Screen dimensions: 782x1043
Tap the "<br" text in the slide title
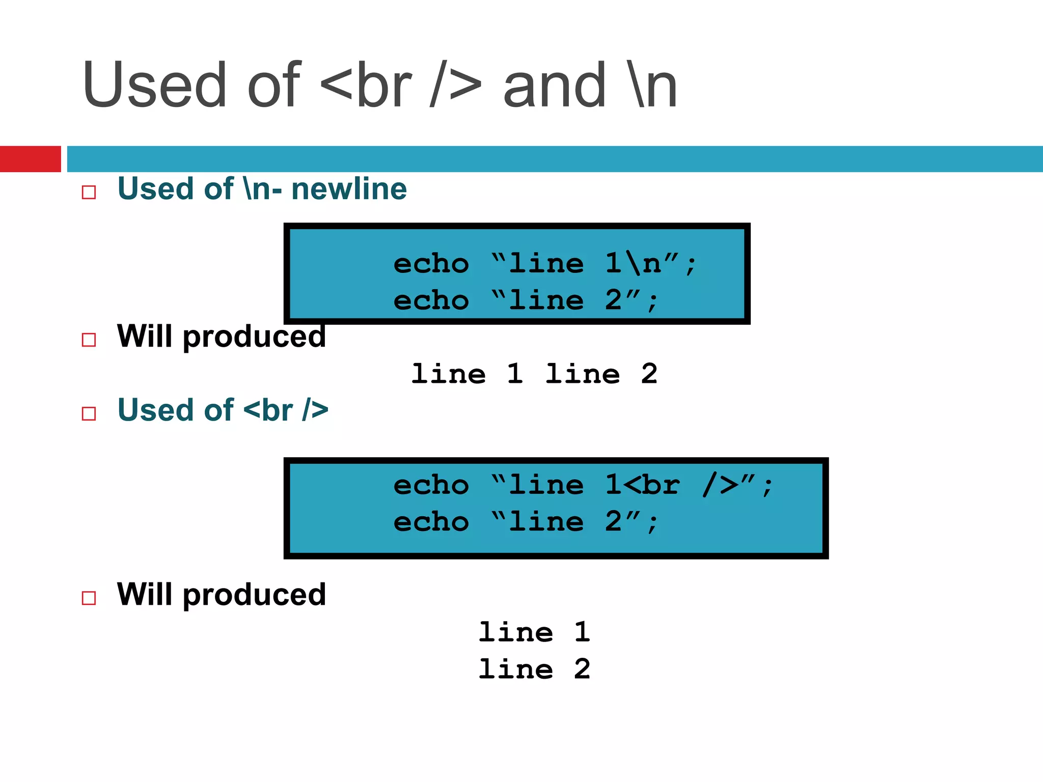pos(366,85)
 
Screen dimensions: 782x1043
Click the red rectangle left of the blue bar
pos(30,159)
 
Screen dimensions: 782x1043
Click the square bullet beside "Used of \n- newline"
pos(89,192)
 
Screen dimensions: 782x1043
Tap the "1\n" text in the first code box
pos(633,264)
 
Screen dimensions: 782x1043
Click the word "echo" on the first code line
pos(431,264)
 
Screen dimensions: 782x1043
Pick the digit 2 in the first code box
pos(614,300)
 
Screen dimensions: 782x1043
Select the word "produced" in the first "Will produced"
pos(254,337)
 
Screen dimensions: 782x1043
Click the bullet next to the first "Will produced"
pos(89,340)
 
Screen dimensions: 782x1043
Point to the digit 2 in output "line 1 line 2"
pos(649,374)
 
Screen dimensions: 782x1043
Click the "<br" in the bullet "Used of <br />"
pos(268,410)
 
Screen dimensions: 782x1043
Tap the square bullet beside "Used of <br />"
pos(89,413)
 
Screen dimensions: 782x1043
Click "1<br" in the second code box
pos(642,485)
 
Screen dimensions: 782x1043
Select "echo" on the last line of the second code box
pos(431,522)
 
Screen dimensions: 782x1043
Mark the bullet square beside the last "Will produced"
pos(89,598)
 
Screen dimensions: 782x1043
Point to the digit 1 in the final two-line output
pos(582,632)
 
